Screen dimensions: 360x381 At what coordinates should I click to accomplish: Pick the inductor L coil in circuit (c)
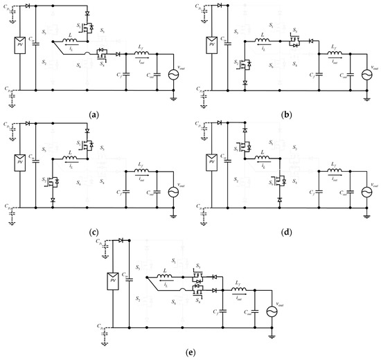[x=69, y=159]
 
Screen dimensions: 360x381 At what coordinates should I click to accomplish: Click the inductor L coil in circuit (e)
[x=166, y=278]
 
